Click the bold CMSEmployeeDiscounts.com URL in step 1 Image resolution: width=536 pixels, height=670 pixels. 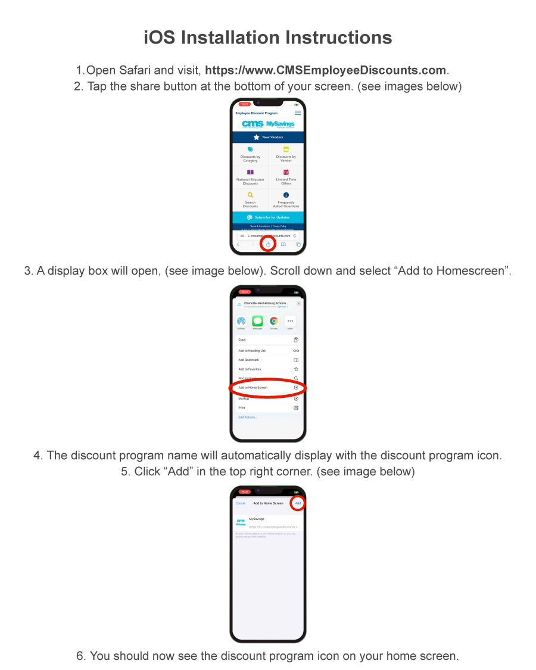click(x=325, y=70)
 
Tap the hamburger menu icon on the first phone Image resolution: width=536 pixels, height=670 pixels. click(x=298, y=113)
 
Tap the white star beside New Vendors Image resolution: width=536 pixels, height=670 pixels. click(x=256, y=137)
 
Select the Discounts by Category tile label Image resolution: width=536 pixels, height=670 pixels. click(x=250, y=158)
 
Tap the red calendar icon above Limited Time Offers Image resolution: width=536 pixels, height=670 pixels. click(x=286, y=172)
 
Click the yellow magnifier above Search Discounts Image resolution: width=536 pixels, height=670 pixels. click(x=250, y=195)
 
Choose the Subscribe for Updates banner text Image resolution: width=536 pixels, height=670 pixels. click(x=272, y=217)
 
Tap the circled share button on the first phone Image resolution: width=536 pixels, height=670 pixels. click(x=268, y=244)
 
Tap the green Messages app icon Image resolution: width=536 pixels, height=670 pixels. click(x=257, y=320)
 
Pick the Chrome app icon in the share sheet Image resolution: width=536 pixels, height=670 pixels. click(x=274, y=320)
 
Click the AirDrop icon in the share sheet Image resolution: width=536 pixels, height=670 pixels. click(x=241, y=320)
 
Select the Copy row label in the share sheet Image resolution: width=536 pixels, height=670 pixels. click(x=242, y=339)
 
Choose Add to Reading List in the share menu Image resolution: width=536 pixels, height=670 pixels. click(x=252, y=351)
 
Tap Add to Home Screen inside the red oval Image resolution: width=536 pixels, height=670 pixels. click(x=253, y=388)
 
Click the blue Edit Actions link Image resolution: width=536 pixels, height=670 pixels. click(x=248, y=417)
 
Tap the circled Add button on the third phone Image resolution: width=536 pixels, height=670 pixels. click(x=298, y=503)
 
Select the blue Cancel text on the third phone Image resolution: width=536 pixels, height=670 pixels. click(x=240, y=503)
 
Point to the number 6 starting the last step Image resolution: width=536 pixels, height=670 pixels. click(x=80, y=656)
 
